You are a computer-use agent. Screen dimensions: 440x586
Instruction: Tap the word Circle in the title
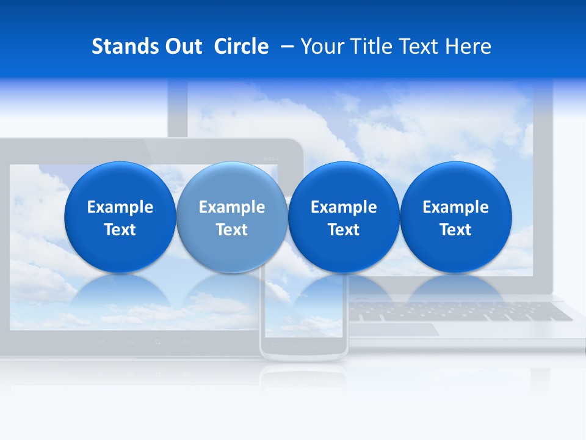click(x=241, y=46)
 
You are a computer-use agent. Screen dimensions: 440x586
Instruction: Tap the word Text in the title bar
click(x=421, y=46)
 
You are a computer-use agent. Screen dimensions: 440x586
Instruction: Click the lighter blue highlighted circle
click(x=231, y=218)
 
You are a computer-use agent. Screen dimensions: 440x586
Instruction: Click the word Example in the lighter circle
click(x=231, y=207)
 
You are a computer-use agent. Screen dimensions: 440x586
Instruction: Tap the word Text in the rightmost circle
click(x=455, y=230)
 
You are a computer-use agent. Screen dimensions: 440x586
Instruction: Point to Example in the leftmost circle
click(x=120, y=207)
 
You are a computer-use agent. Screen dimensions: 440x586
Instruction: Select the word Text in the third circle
click(x=344, y=230)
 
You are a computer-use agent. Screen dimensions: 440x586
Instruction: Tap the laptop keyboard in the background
click(x=458, y=312)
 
